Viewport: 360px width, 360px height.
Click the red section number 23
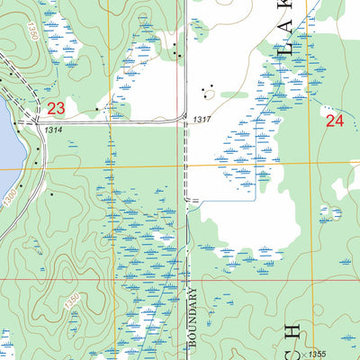click(x=57, y=108)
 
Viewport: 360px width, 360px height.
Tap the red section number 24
click(x=335, y=119)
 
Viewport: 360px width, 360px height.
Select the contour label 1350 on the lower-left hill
click(x=73, y=305)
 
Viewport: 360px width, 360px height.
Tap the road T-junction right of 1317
click(x=186, y=123)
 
